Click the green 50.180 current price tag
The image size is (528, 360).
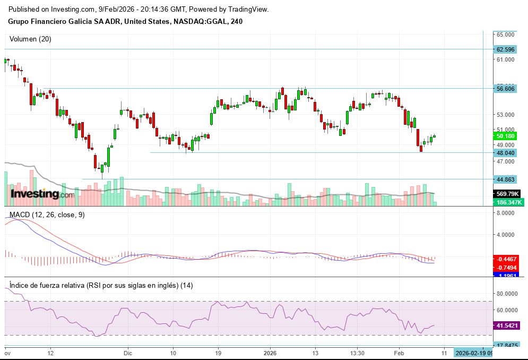tap(505, 136)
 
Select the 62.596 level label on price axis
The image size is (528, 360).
tap(505, 49)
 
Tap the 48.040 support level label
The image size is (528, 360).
tap(505, 153)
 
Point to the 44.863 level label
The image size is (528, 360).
tap(505, 179)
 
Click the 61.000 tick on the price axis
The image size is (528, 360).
tap(506, 59)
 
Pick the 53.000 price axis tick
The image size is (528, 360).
tap(506, 115)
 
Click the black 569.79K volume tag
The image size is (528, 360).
tap(506, 194)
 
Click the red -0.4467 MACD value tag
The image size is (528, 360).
tap(506, 259)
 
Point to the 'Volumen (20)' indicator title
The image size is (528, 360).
tap(31, 39)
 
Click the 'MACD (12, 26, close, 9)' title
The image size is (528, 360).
tap(47, 215)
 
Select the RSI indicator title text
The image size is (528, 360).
tap(101, 285)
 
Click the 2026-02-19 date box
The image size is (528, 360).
tap(474, 353)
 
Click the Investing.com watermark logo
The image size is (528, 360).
tap(42, 194)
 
